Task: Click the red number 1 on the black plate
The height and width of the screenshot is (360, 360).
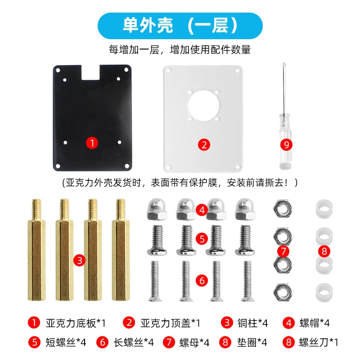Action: point(92,143)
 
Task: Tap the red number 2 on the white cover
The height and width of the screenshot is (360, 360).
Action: point(204,145)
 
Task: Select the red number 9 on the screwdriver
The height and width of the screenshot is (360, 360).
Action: point(286,145)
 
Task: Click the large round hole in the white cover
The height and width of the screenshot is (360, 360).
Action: point(203,106)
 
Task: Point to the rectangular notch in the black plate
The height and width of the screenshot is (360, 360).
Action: point(91,72)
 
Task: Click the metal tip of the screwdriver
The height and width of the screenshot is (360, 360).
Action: point(284,63)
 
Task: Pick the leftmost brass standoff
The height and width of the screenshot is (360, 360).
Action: point(36,250)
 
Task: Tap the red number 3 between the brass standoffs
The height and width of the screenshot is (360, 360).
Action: point(80,261)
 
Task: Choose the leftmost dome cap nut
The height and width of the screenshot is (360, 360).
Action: point(157,209)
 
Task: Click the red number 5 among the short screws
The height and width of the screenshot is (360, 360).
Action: point(202,238)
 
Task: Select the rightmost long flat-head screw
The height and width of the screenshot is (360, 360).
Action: point(247,281)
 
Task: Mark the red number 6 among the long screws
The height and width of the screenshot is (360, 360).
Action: point(202,280)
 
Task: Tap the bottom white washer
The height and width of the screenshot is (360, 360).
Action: point(324,292)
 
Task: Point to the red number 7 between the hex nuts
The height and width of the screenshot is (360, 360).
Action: point(283,251)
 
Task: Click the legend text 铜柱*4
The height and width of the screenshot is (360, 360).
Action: point(252,323)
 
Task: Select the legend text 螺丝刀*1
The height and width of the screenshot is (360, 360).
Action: point(319,342)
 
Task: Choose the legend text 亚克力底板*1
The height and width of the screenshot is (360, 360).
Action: point(76,323)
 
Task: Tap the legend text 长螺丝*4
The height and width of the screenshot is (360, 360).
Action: point(134,342)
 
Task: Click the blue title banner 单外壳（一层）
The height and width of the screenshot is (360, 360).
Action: point(180,26)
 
